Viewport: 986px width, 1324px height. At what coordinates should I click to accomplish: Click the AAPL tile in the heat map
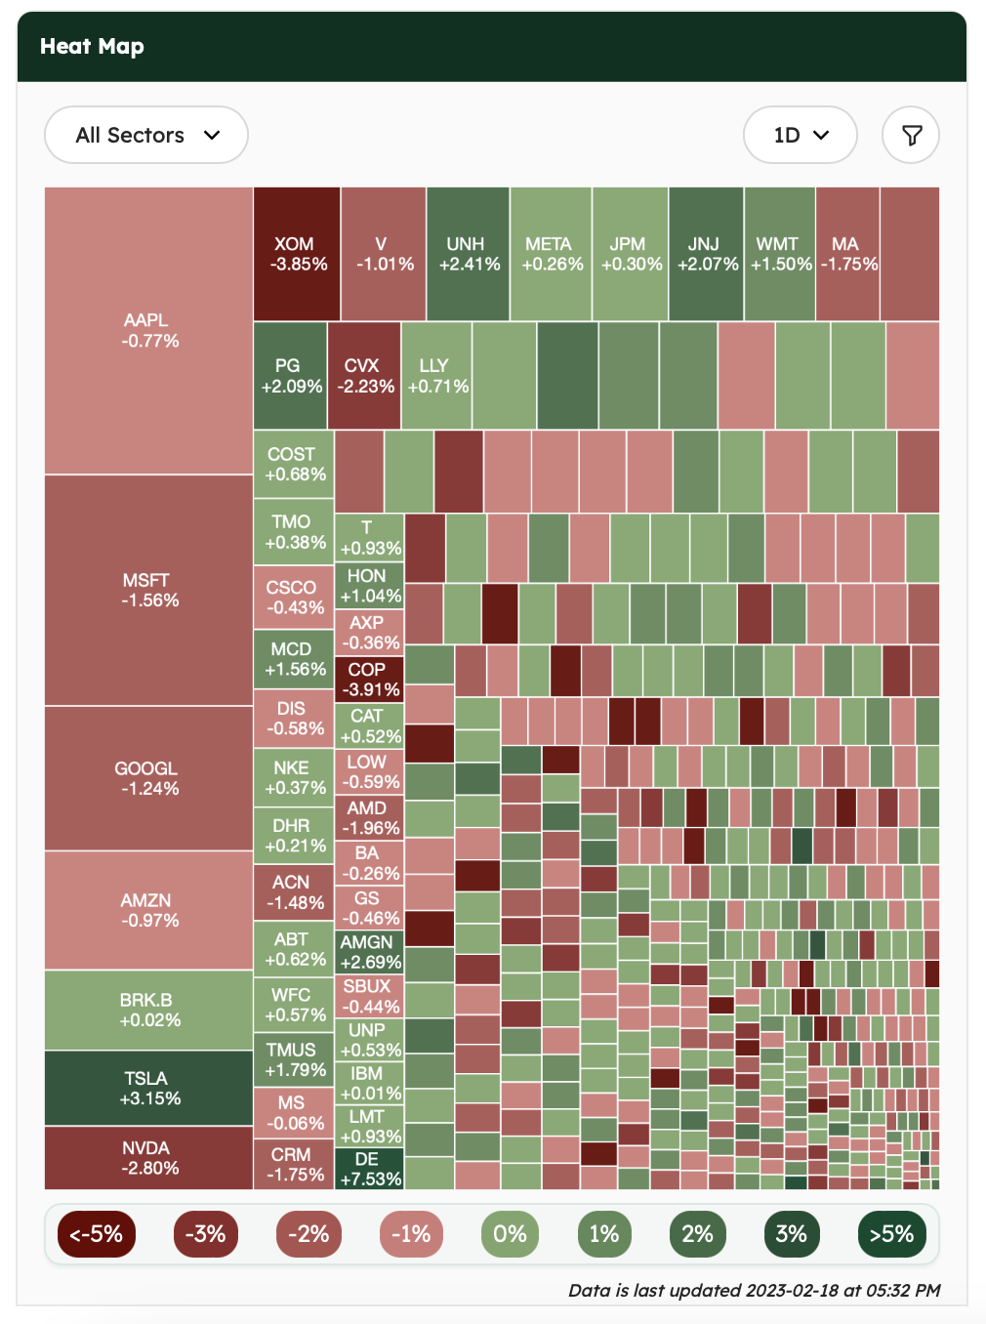click(x=149, y=331)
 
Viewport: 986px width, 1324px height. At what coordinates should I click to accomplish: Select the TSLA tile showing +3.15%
click(x=149, y=1088)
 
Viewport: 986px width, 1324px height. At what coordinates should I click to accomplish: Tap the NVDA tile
click(x=149, y=1158)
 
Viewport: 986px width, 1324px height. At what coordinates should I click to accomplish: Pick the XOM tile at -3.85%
click(x=297, y=254)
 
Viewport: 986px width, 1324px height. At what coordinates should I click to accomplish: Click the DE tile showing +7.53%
click(x=369, y=1169)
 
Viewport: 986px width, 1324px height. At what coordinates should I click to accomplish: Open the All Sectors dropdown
click(x=146, y=135)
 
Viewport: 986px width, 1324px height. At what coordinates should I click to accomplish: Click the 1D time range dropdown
click(x=800, y=135)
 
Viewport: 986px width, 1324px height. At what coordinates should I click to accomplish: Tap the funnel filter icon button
click(x=911, y=135)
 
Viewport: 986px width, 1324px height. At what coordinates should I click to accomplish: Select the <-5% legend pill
click(x=96, y=1234)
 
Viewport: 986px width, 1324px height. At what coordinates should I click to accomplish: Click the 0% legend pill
click(x=510, y=1234)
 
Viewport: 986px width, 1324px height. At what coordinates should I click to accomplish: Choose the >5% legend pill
click(x=890, y=1234)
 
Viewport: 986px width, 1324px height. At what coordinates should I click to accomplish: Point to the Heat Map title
click(x=92, y=47)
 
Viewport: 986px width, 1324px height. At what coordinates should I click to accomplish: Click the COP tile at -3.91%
click(x=369, y=680)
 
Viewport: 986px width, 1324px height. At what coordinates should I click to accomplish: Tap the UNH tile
click(x=468, y=254)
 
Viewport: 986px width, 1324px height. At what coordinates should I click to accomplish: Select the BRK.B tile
click(x=149, y=1010)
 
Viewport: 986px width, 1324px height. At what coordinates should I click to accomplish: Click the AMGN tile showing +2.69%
click(x=369, y=952)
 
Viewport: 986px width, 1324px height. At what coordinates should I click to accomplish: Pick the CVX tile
click(x=364, y=375)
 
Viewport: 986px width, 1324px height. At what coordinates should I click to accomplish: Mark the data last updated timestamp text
click(x=754, y=1290)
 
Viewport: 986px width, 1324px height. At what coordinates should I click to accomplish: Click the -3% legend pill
click(x=205, y=1234)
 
